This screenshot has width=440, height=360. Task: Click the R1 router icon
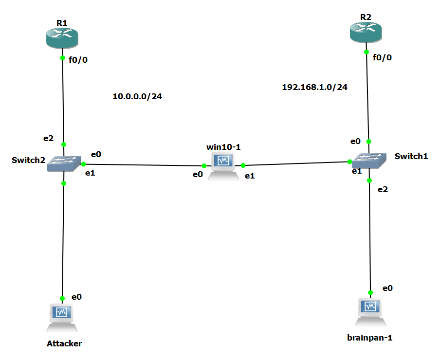tap(62, 37)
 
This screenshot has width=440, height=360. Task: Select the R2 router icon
tap(366, 33)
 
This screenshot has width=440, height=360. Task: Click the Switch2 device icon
tap(63, 164)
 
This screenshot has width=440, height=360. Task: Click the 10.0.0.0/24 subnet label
tap(137, 96)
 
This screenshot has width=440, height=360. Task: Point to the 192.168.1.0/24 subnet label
tap(315, 87)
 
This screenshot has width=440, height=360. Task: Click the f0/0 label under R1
tap(78, 60)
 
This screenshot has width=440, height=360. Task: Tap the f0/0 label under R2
tap(382, 57)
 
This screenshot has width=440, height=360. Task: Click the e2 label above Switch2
tap(48, 138)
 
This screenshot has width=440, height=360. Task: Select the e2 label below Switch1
tap(383, 189)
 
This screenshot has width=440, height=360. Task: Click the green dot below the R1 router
tap(62, 58)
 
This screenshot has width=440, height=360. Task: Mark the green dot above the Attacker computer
tap(62, 298)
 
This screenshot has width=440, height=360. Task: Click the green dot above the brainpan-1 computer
tap(370, 293)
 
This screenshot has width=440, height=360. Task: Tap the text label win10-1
tap(224, 146)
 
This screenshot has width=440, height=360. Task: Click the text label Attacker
tap(64, 343)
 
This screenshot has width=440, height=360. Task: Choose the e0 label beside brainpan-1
tap(387, 288)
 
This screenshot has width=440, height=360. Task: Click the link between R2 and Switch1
tap(367, 97)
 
